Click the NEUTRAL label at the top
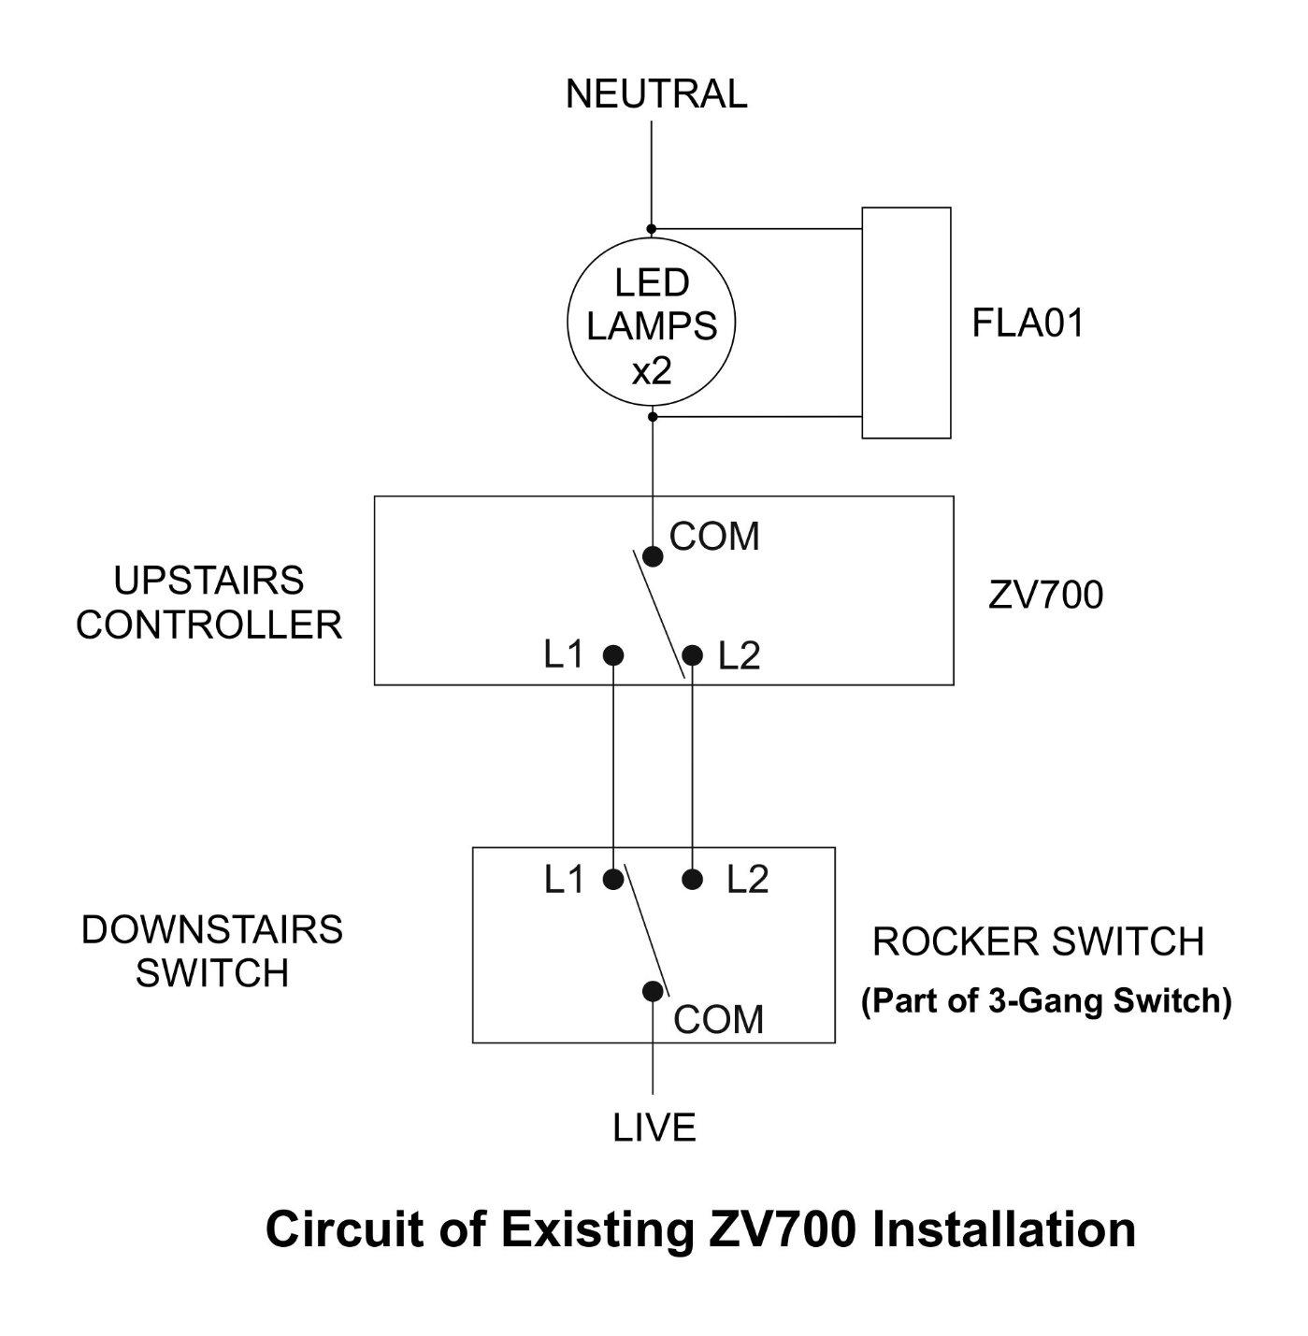[655, 94]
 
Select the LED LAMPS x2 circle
[652, 323]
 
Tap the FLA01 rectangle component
[906, 323]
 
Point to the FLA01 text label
[1028, 323]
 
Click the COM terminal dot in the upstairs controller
[653, 557]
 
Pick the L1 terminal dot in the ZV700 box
[613, 655]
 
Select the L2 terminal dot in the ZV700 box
[692, 655]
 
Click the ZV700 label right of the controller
[1045, 596]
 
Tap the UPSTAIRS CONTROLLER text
[208, 603]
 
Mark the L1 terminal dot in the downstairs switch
[613, 879]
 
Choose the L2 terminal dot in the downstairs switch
[692, 879]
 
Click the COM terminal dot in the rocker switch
[653, 991]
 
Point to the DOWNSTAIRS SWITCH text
[212, 952]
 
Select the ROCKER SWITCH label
[1038, 942]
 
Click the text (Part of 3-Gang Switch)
[1045, 1001]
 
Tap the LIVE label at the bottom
[654, 1128]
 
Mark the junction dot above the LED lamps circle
[653, 229]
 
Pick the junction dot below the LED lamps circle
[653, 416]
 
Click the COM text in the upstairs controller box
[714, 537]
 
